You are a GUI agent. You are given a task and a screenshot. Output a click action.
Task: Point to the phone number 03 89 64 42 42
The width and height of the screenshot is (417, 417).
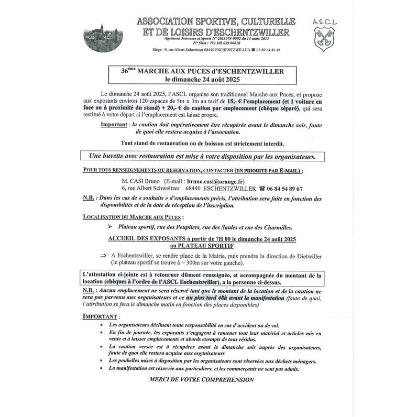(x=268, y=50)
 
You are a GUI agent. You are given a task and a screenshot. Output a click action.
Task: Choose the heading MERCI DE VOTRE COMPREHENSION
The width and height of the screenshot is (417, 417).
(x=201, y=379)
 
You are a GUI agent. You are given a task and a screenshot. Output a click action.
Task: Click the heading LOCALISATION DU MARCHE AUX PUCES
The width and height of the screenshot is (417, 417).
(x=134, y=216)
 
